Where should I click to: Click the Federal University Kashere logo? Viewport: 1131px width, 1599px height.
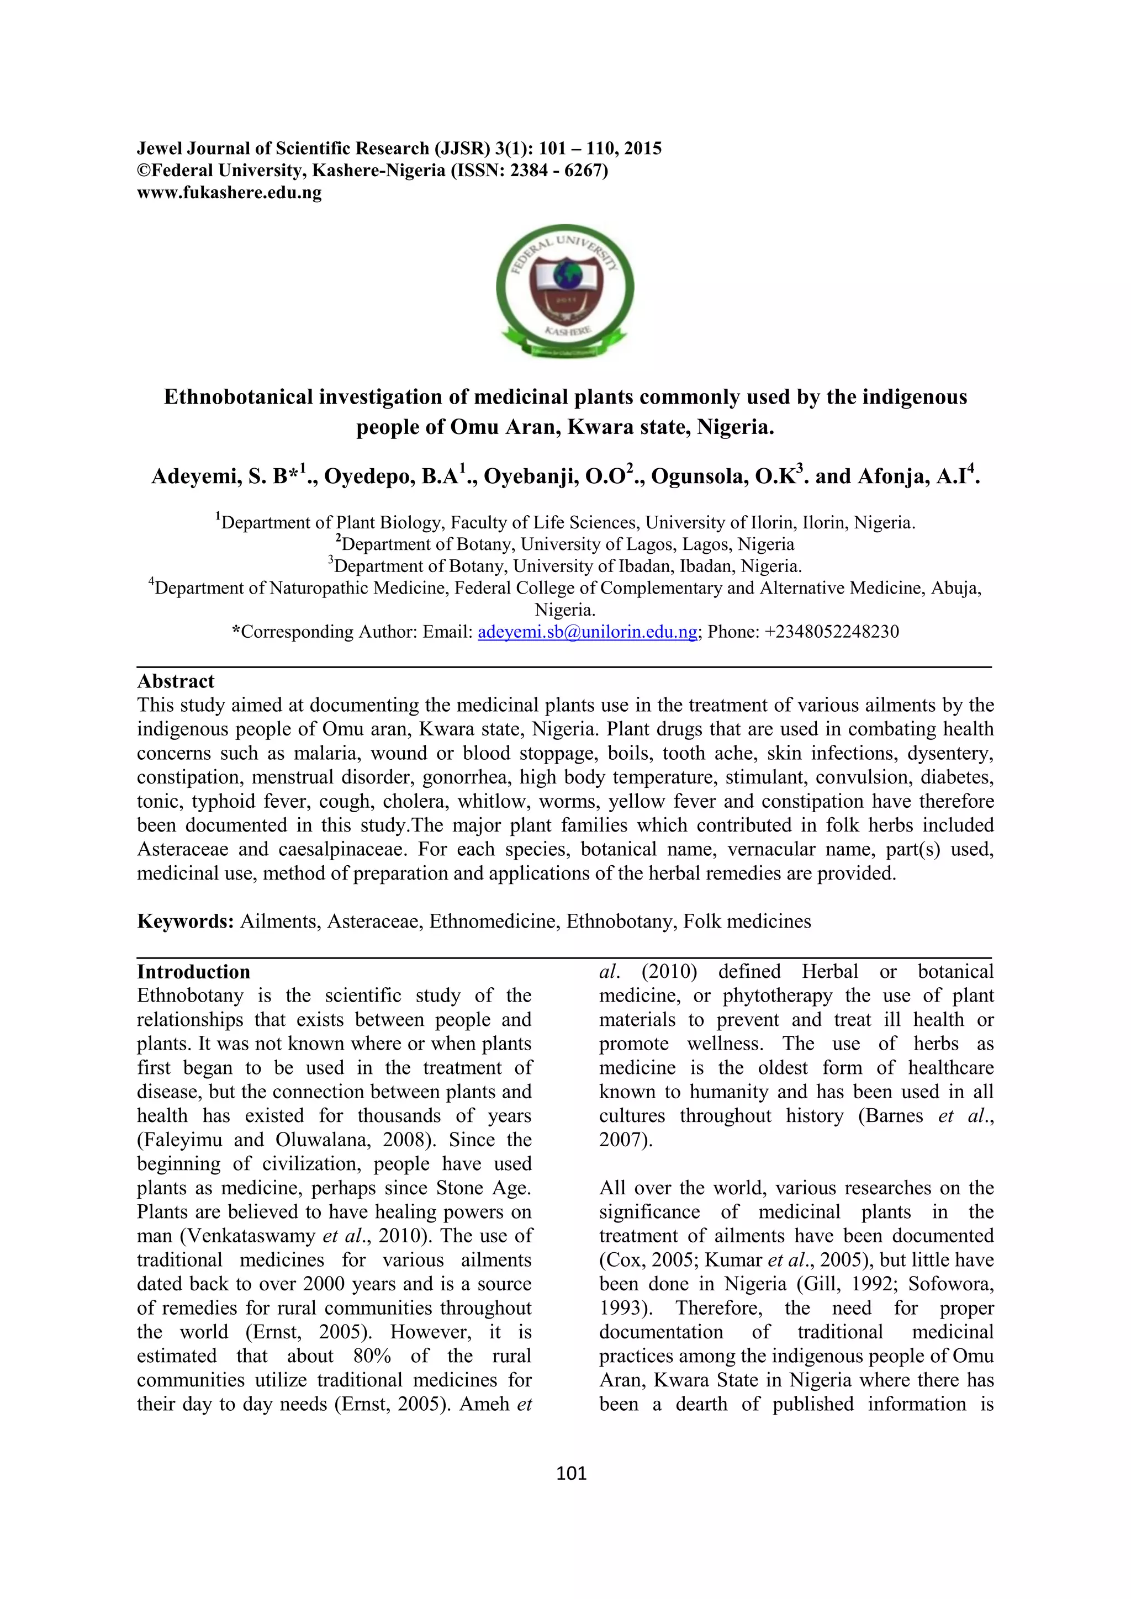tap(565, 291)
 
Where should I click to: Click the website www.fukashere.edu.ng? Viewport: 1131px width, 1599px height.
tap(229, 193)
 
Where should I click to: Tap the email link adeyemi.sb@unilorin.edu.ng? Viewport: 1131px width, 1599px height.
tap(587, 632)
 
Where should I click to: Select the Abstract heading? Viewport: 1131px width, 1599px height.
tap(176, 681)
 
